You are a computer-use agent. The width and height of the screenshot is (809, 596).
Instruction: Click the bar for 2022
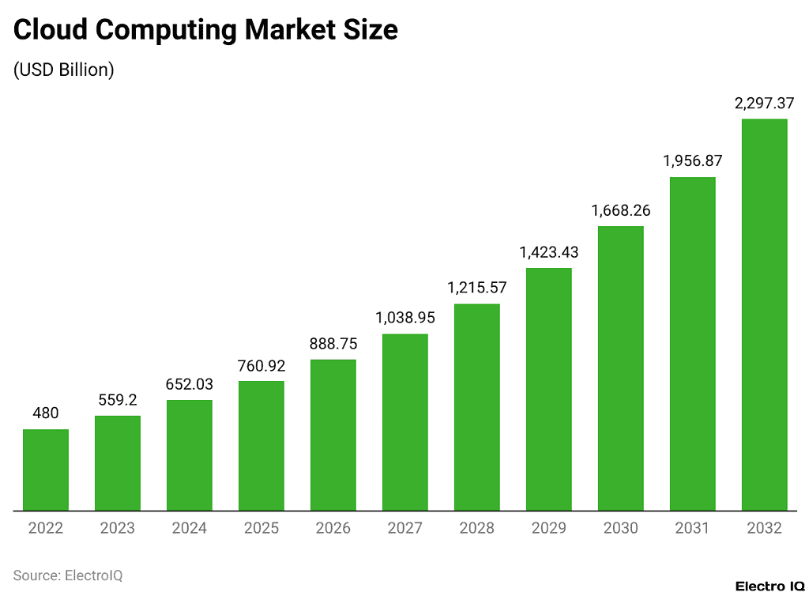click(x=46, y=470)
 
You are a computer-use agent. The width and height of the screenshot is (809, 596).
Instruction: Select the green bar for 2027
click(x=405, y=422)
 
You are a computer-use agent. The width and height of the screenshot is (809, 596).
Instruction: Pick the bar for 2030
click(x=621, y=368)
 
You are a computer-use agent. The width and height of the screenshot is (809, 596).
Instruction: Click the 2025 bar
click(x=262, y=446)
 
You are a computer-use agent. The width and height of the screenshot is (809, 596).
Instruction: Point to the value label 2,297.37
click(x=765, y=104)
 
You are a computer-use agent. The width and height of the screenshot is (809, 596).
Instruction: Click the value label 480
click(x=46, y=413)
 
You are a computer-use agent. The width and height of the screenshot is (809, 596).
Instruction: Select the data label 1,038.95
click(x=405, y=318)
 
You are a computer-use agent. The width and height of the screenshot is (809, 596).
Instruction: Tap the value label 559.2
click(x=118, y=400)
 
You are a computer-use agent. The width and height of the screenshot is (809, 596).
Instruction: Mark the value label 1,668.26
click(x=621, y=210)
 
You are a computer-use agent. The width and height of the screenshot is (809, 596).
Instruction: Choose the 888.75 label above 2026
click(x=333, y=344)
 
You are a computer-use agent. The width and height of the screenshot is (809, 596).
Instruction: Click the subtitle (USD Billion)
click(x=64, y=70)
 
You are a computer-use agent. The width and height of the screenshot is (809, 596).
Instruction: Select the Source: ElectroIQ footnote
click(x=68, y=575)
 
